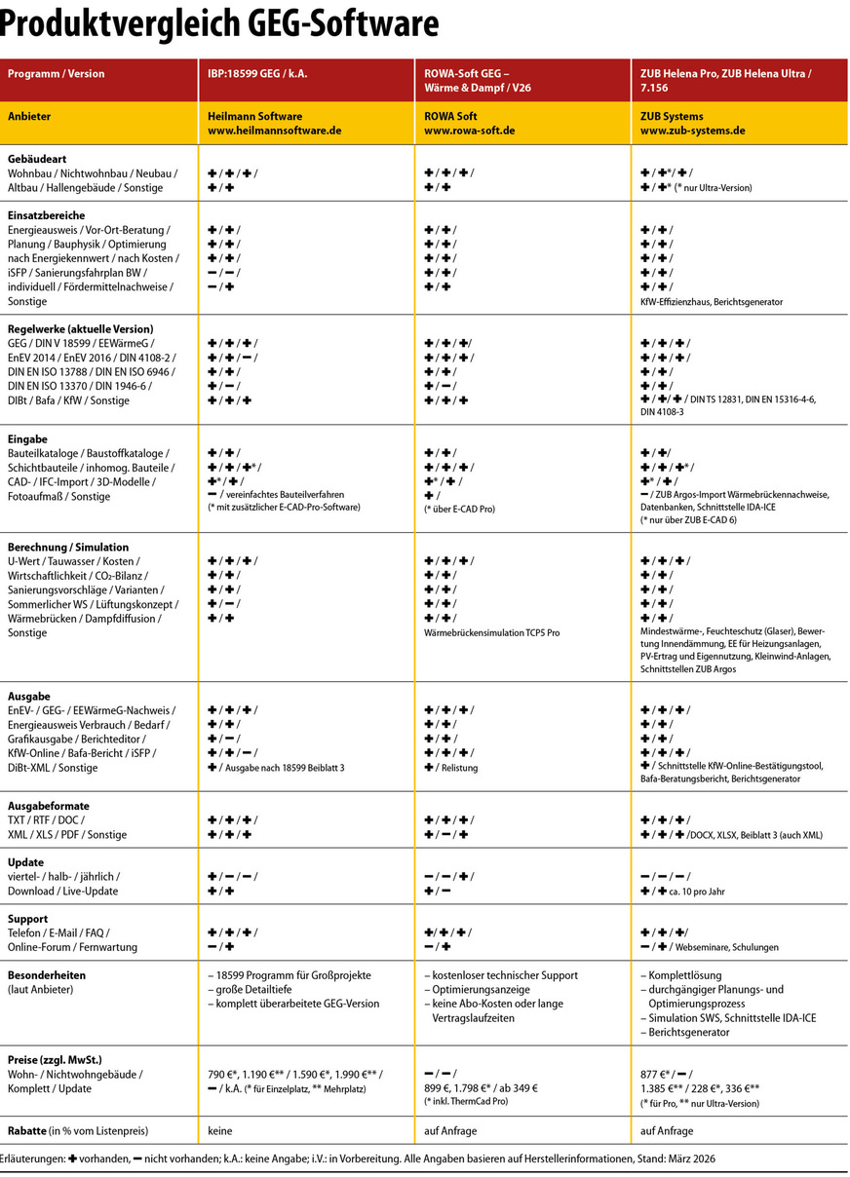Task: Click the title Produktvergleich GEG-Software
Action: (x=219, y=23)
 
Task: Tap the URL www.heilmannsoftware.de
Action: (x=275, y=130)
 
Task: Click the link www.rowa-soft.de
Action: (x=470, y=130)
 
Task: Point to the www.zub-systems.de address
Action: (x=693, y=130)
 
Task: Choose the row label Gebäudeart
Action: (x=36, y=158)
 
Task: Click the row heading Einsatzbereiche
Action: (x=47, y=215)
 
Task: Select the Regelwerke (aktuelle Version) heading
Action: (x=81, y=329)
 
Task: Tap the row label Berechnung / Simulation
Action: (x=68, y=548)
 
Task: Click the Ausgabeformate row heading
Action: (x=49, y=807)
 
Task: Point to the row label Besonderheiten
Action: (x=47, y=974)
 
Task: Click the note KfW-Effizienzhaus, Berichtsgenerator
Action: (x=711, y=302)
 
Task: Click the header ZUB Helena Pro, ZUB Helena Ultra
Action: (x=726, y=73)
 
